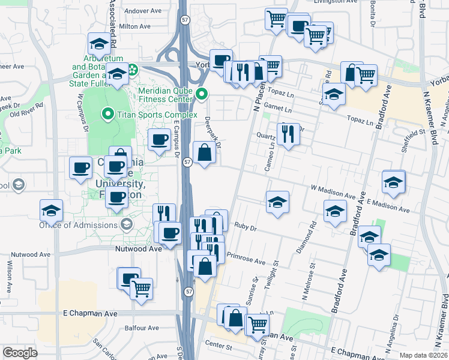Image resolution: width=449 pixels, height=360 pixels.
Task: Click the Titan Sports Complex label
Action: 158,115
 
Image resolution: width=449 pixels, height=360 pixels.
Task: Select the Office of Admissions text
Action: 79,225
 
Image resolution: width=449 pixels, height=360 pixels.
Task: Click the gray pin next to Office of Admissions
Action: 126,225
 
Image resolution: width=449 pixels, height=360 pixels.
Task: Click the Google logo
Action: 20,353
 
